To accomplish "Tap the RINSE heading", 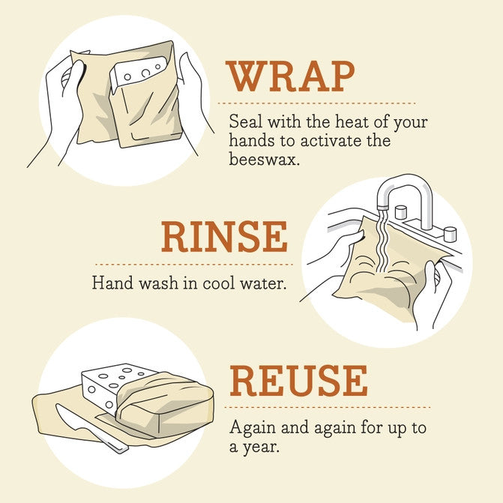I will coord(224,238).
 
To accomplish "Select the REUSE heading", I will coord(298,382).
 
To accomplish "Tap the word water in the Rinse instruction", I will coord(265,284).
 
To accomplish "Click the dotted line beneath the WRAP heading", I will coord(316,103).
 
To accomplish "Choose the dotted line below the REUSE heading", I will coord(329,407).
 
